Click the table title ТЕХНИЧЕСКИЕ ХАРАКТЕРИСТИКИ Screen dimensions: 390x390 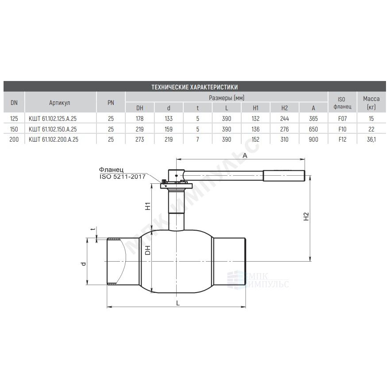click(x=194, y=87)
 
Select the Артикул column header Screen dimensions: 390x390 click(x=59, y=103)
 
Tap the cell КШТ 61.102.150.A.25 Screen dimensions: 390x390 click(x=53, y=129)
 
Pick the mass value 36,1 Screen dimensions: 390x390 click(x=371, y=139)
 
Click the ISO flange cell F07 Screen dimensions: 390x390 click(x=342, y=119)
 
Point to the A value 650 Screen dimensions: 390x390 click(x=313, y=129)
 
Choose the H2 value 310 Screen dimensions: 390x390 click(x=284, y=139)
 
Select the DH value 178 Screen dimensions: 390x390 click(x=139, y=119)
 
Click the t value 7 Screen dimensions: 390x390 click(x=197, y=139)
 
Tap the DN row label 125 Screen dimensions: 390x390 click(x=14, y=119)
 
